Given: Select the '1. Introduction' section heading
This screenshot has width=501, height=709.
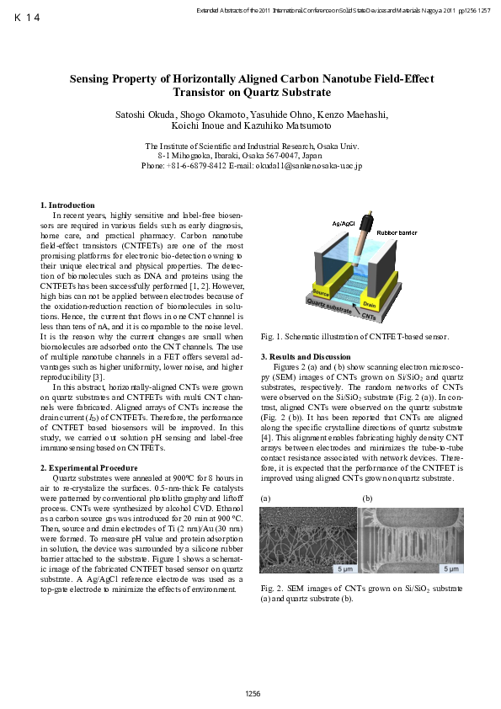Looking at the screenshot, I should coord(68,205).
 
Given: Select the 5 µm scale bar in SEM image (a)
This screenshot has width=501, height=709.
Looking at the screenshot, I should coord(344,568).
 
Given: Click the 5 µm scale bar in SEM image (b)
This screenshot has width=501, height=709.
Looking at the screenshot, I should coord(441,568).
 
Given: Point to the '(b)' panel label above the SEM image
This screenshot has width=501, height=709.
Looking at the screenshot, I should coord(367,498).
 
